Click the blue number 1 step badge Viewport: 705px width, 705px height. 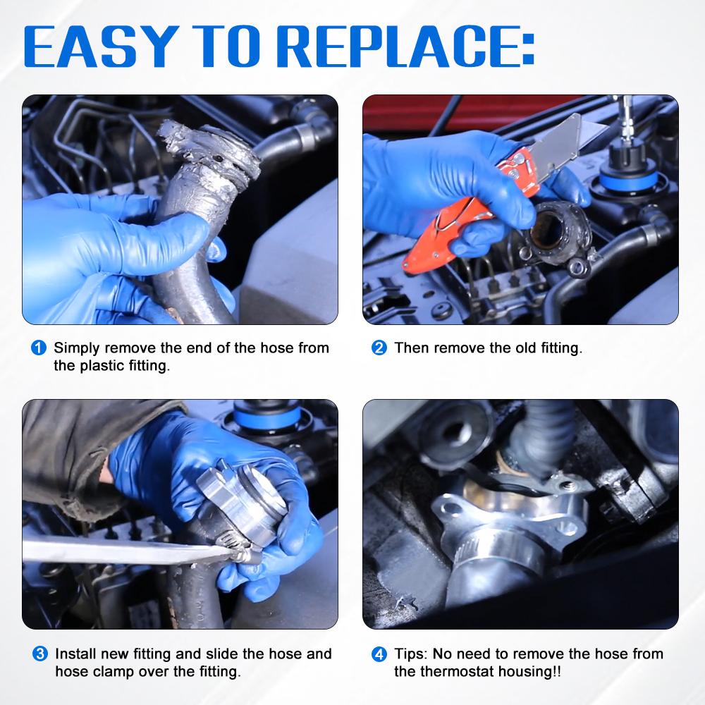point(39,348)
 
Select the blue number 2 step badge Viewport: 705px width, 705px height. point(379,348)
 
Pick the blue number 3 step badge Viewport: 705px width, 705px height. point(40,654)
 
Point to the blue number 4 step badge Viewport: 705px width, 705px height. point(379,654)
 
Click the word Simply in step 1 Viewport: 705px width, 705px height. point(77,348)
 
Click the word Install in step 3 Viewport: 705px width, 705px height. point(76,654)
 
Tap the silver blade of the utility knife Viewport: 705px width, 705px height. point(571,144)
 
